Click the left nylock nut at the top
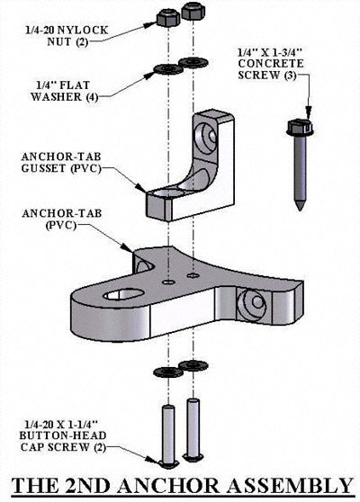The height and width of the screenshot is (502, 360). pyautogui.click(x=166, y=17)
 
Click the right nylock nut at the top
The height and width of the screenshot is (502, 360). pyautogui.click(x=192, y=12)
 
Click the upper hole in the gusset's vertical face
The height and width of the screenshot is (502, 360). pyautogui.click(x=209, y=138)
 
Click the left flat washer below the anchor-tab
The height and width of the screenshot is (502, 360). pyautogui.click(x=166, y=372)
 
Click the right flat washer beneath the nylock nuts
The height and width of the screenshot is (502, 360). pyautogui.click(x=192, y=62)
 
